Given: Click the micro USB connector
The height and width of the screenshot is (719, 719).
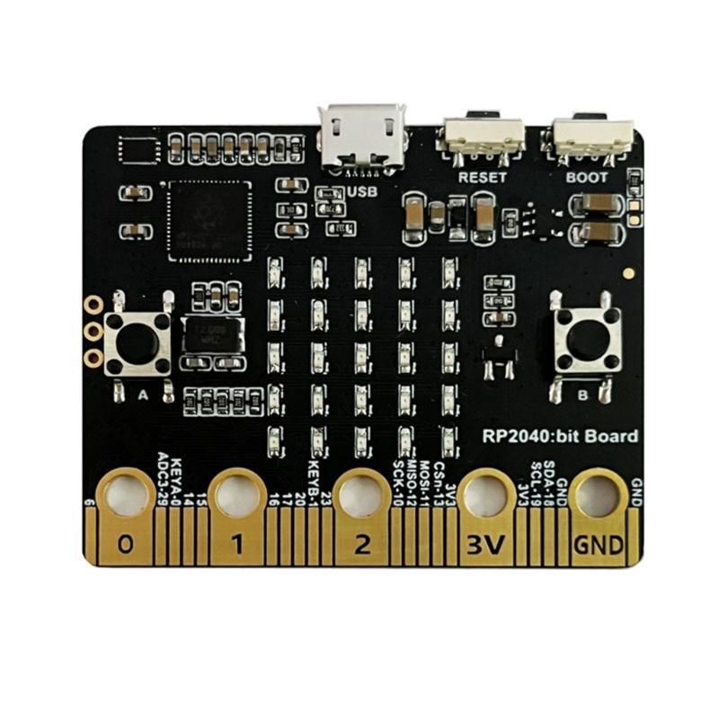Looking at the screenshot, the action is pyautogui.click(x=365, y=135).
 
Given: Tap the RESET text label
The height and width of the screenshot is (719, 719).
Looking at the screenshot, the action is pyautogui.click(x=482, y=177).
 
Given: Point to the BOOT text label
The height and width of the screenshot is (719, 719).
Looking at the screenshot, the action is pyautogui.click(x=587, y=177).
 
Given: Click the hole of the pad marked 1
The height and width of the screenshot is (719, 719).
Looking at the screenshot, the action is pyautogui.click(x=240, y=493).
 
